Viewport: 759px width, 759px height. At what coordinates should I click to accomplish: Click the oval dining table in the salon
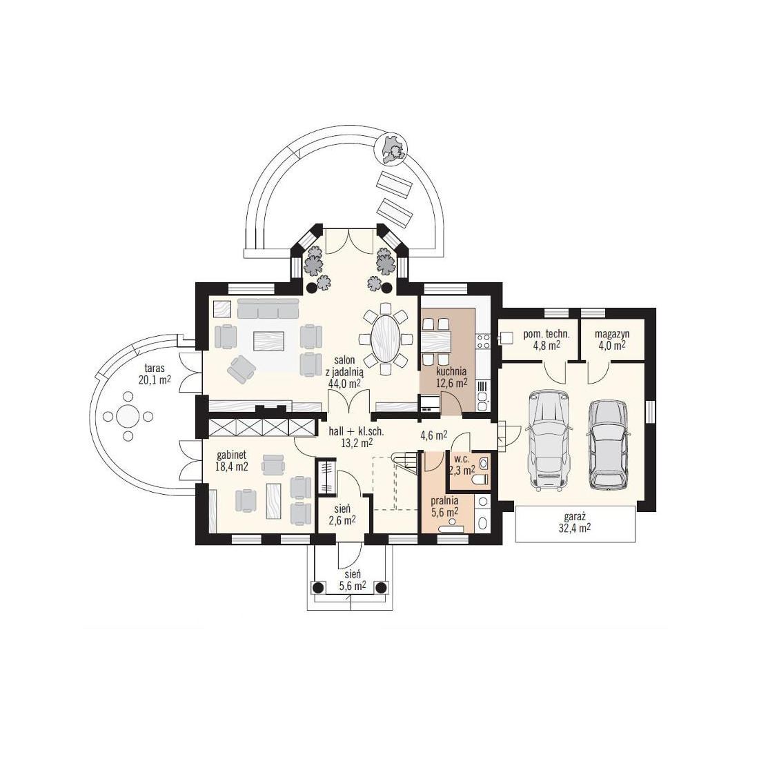[386, 338]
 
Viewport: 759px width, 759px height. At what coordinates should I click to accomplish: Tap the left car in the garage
[547, 440]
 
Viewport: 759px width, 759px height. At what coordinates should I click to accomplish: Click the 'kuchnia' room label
[451, 372]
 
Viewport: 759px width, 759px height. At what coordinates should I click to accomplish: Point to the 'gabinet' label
[231, 455]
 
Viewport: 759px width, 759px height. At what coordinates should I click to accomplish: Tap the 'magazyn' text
[612, 334]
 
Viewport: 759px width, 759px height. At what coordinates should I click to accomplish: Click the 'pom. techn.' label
[546, 334]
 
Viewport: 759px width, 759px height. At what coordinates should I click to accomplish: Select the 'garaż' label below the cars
[575, 517]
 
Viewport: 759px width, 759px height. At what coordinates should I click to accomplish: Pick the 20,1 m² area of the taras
[155, 379]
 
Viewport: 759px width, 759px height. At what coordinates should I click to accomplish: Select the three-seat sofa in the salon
[268, 308]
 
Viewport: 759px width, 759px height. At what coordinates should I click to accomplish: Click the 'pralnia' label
[444, 501]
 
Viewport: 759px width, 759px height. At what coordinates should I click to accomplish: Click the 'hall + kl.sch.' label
[356, 432]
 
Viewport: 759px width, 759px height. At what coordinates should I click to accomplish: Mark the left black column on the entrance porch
[317, 588]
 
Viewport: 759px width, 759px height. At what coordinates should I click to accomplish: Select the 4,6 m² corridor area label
[434, 435]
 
